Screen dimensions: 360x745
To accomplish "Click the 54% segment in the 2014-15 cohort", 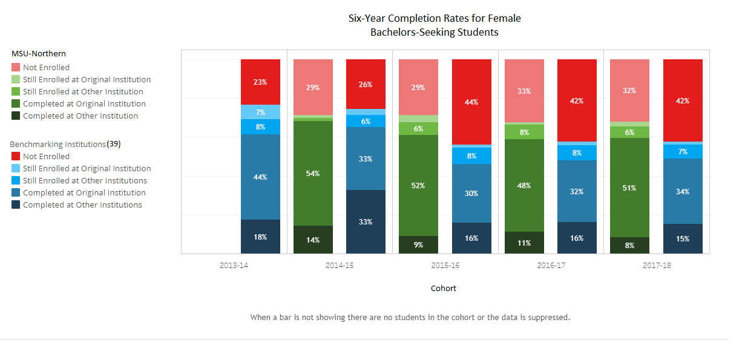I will [313, 173].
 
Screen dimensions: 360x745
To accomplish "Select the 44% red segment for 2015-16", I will [471, 102].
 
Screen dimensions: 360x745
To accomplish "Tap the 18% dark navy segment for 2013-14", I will [260, 237].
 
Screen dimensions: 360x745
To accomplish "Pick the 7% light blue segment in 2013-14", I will [260, 112].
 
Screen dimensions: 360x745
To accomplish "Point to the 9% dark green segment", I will [418, 244].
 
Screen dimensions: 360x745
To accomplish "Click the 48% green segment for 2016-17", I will [524, 185].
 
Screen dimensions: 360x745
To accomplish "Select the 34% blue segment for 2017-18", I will [683, 191].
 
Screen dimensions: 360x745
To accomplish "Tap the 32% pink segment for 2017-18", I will [629, 90].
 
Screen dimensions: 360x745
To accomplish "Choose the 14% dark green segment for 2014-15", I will [313, 240].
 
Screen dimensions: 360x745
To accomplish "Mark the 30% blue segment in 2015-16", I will [471, 193].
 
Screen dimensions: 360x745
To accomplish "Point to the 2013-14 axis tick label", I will [234, 266].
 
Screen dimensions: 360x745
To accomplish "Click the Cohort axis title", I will [444, 289].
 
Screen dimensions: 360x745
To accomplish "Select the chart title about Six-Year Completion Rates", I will [435, 25].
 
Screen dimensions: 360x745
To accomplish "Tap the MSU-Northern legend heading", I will [39, 54].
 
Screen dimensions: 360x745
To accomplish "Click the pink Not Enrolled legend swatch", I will [16, 68].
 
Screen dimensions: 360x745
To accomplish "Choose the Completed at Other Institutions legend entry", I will [82, 205].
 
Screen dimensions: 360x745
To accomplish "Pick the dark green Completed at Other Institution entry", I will [80, 116].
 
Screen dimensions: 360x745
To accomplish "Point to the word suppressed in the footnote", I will [549, 317].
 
